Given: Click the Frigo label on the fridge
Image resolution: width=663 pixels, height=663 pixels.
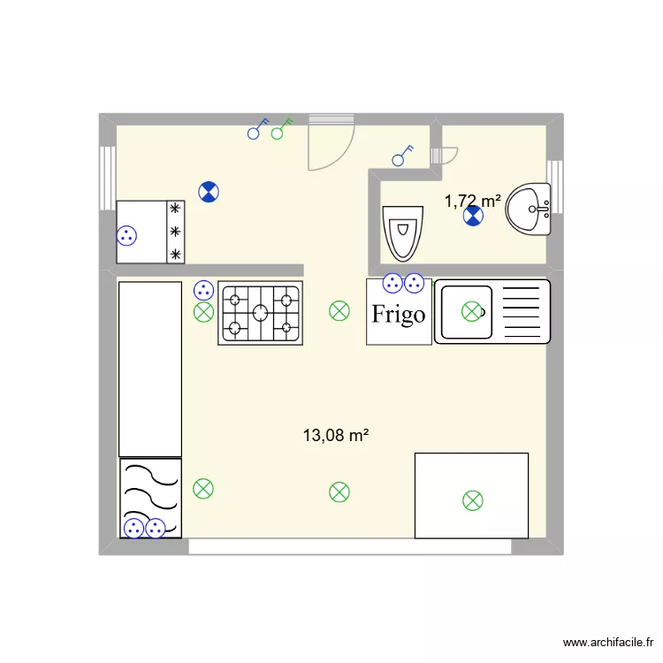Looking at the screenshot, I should (399, 314).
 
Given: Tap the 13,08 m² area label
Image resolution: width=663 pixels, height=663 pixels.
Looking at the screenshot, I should (335, 435).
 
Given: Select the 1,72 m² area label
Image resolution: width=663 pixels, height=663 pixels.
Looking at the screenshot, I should (472, 201).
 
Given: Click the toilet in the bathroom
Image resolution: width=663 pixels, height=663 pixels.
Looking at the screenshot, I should (402, 232).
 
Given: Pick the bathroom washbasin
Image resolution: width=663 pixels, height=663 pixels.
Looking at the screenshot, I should (530, 210).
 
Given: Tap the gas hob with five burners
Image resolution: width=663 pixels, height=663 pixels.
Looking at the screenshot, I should (260, 312).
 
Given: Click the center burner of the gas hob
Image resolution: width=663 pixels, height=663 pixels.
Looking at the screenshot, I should (260, 312).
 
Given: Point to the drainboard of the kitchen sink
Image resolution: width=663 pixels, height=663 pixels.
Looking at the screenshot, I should (522, 311).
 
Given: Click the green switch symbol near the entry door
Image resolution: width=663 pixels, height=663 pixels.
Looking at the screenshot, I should (282, 130).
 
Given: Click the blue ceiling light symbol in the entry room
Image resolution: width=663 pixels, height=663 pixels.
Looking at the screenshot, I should (209, 191).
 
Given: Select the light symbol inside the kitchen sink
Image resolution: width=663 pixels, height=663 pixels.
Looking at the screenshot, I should (472, 310).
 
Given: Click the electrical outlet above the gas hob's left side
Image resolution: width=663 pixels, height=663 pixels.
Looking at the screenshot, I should (203, 289).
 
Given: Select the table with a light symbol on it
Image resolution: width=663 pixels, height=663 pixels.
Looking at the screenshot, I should (471, 495).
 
